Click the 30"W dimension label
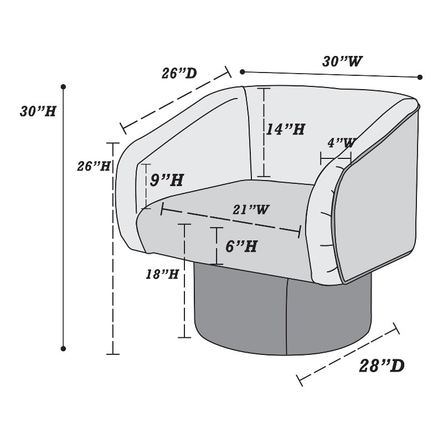(x=342, y=61)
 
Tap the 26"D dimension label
(x=179, y=73)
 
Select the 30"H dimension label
(x=38, y=111)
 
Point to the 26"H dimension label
(x=94, y=166)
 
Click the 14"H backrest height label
(x=286, y=129)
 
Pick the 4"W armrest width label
(x=341, y=142)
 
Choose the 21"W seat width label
(x=251, y=209)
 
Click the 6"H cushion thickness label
(x=241, y=246)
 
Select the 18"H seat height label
(x=162, y=274)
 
